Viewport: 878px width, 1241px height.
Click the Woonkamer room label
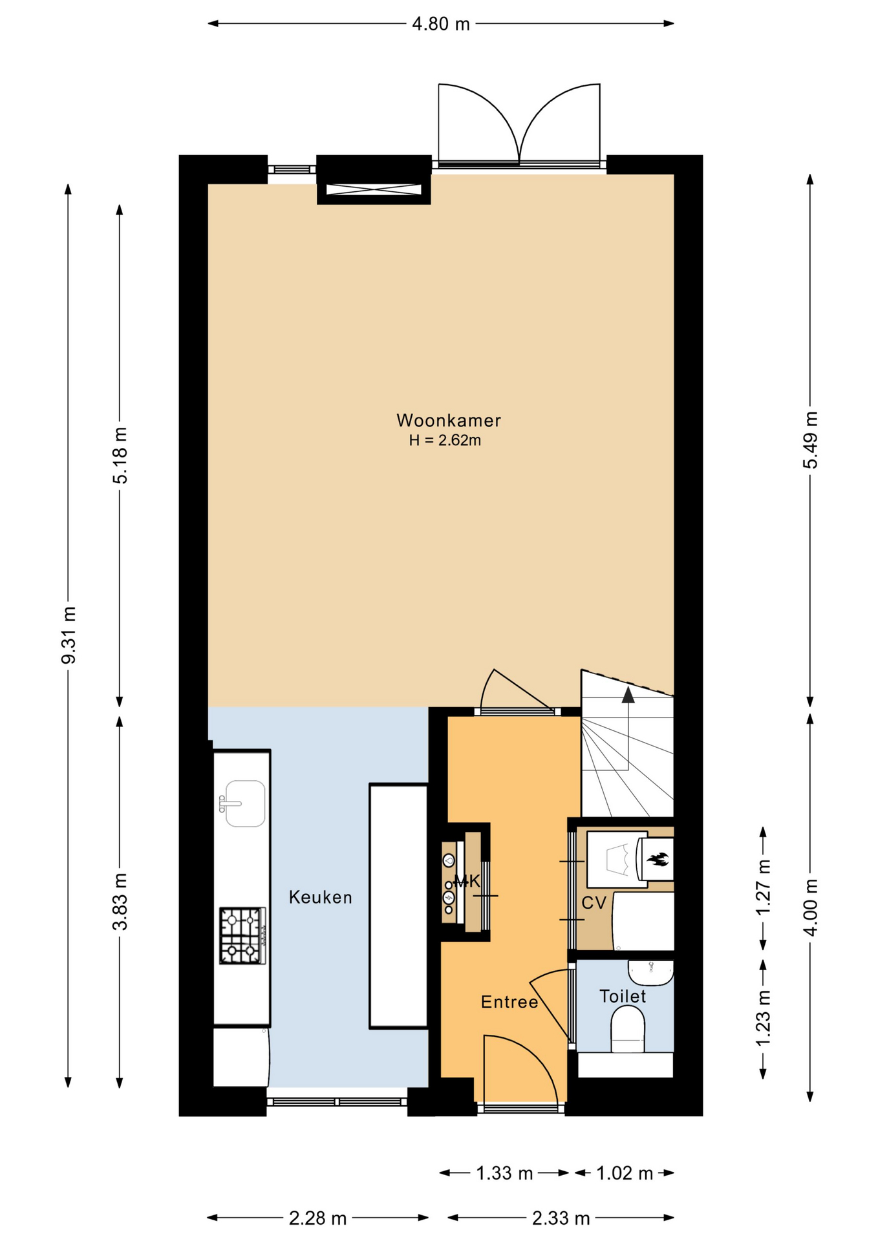(x=448, y=421)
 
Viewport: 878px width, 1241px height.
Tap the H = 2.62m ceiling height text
(x=445, y=441)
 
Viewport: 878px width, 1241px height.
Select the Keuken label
(x=321, y=897)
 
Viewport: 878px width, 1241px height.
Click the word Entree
(x=509, y=1002)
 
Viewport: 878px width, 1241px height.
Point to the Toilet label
(x=623, y=996)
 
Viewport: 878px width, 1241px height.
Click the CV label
(x=594, y=903)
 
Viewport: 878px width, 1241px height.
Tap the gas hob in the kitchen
(x=242, y=935)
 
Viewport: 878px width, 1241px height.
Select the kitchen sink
(x=243, y=803)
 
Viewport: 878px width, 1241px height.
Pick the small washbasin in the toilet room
(x=650, y=973)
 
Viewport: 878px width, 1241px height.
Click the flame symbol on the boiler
(x=658, y=859)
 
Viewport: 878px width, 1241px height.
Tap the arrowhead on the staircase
(x=628, y=695)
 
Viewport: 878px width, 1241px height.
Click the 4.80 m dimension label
(x=441, y=24)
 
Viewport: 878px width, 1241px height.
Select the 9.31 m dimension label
(x=69, y=635)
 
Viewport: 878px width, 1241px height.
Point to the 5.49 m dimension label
(x=810, y=440)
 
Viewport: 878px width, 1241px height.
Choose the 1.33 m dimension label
(x=504, y=1173)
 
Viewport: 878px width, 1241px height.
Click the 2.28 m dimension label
(x=317, y=1218)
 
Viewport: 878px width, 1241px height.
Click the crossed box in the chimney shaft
(x=374, y=189)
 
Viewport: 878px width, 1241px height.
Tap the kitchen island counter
(x=399, y=906)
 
